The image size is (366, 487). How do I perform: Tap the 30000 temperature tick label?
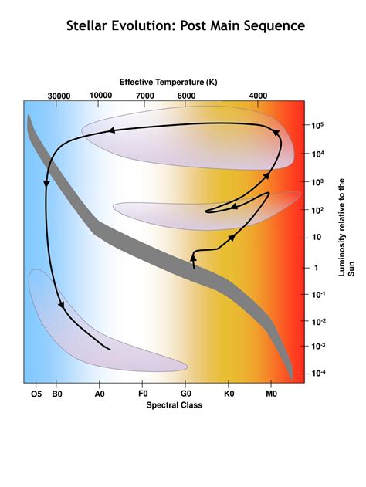pos(59,96)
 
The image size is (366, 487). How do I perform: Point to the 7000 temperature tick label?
pos(145,96)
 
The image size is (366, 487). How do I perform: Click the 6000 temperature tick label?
pos(186,96)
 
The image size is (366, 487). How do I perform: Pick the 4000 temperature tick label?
pos(259,96)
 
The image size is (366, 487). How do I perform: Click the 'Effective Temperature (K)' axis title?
pos(168,82)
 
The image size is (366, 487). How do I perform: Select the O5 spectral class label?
pos(36,394)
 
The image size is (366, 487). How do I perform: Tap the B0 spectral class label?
pos(56,394)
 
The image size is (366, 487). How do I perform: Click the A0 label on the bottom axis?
pos(100,394)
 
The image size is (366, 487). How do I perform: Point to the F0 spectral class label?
pos(142,394)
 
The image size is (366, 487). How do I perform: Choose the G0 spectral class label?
pos(185,394)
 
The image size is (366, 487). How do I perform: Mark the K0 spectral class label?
pos(228,394)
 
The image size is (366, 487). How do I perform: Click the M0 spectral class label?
pos(270,394)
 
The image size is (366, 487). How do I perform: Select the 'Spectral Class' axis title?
pos(175,404)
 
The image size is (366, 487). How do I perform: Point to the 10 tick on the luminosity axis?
pos(317,238)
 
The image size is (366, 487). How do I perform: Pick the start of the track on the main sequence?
pos(194,267)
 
